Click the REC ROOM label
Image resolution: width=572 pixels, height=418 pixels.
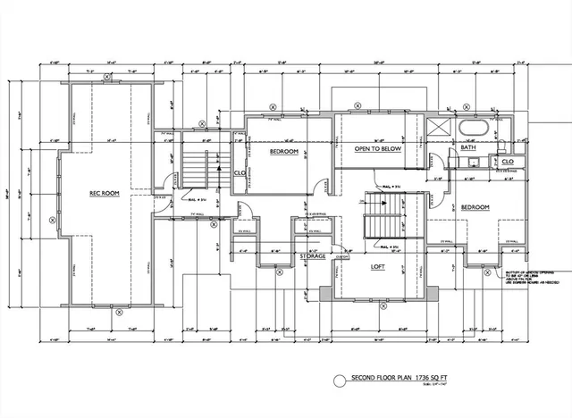105,193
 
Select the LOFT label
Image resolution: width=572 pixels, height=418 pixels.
378,265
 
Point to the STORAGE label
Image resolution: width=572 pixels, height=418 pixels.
312,255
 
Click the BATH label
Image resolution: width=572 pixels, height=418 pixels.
468,148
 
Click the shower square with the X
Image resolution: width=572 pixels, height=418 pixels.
439,128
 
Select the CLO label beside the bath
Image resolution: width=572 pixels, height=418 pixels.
508,162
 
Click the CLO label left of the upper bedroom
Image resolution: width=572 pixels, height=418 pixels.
240,173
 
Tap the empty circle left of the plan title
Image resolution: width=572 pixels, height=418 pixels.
338,380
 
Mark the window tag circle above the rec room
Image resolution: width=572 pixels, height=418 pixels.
107,78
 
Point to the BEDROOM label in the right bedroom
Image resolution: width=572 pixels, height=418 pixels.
475,207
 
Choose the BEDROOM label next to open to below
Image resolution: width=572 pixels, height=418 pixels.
284,152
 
